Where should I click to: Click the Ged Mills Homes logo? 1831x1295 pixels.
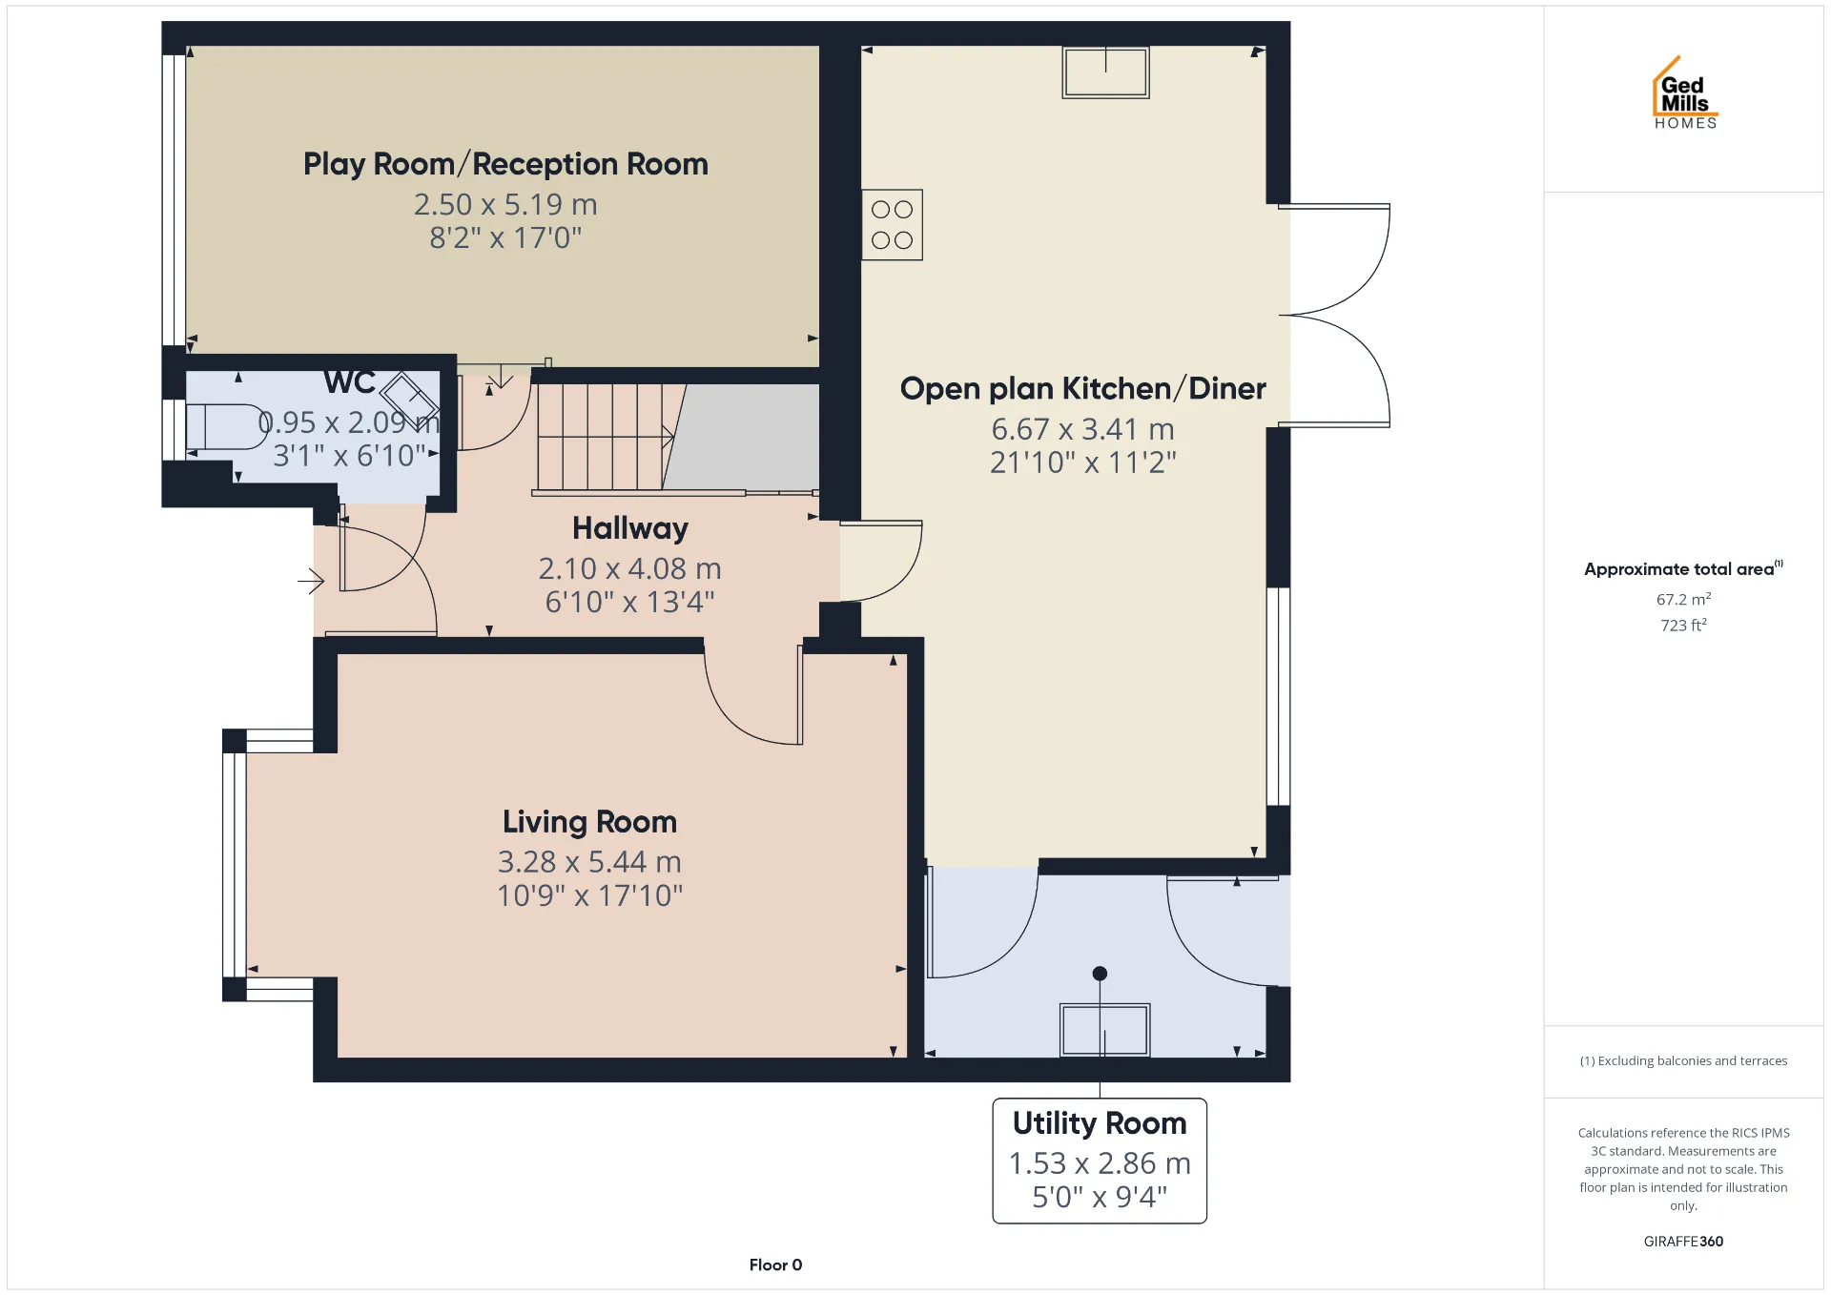tap(1685, 92)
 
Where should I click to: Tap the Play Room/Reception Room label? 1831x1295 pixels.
tap(505, 164)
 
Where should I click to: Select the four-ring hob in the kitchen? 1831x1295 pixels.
tap(892, 225)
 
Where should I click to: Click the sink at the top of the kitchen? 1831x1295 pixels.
tap(1106, 72)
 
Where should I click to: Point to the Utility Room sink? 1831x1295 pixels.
tap(1104, 1030)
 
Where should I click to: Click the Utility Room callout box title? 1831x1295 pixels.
tap(1100, 1123)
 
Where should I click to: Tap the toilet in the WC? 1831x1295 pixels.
tap(226, 426)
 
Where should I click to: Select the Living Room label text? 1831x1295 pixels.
tap(589, 822)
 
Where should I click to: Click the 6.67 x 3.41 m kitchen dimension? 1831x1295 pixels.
tap(1082, 429)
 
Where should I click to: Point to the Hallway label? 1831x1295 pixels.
tap(630, 528)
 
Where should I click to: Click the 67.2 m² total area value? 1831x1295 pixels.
tap(1683, 599)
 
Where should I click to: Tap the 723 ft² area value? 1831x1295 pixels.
tap(1683, 625)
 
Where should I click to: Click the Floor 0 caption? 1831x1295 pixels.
tap(775, 1264)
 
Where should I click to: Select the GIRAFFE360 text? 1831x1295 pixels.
tap(1683, 1241)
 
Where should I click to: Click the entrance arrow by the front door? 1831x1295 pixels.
tap(311, 581)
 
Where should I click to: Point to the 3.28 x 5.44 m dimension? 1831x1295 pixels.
tap(589, 862)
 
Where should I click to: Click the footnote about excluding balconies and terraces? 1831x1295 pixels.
tap(1683, 1060)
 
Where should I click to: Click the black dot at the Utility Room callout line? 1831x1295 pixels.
tap(1100, 974)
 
